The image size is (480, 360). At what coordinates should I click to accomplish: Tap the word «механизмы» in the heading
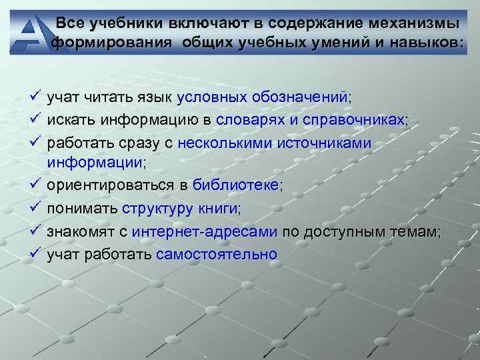tap(411, 24)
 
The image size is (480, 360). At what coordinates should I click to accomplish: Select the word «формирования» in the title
tap(97, 43)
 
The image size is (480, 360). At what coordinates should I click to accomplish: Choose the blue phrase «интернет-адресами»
tap(205, 232)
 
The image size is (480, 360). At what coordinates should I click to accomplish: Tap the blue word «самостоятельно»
tap(217, 255)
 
